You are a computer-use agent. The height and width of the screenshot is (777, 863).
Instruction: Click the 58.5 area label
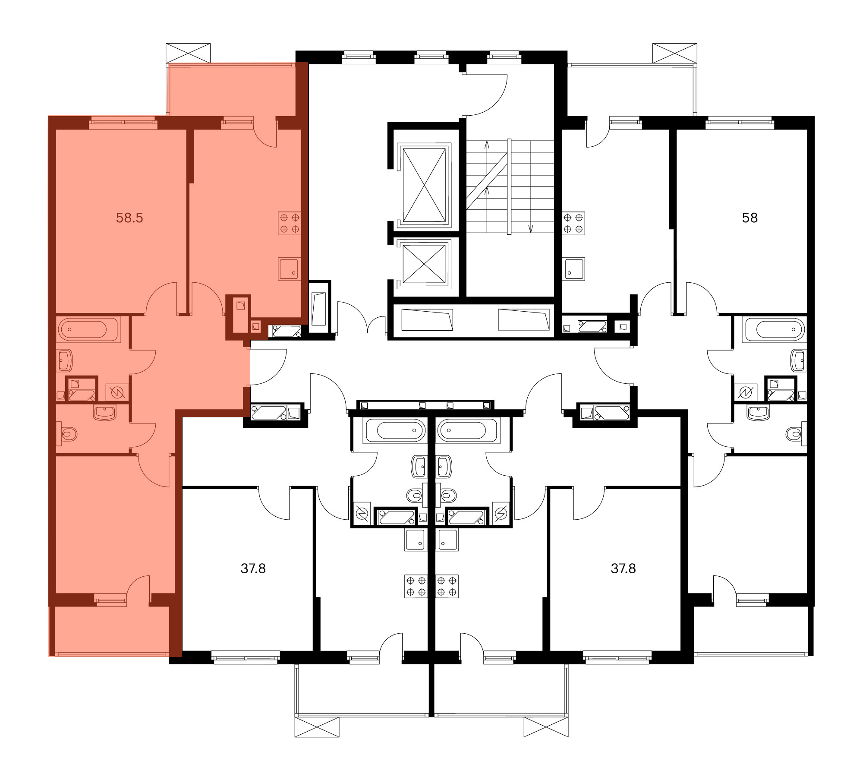[x=129, y=218]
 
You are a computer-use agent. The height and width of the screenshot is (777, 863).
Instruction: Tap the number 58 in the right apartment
[x=750, y=218]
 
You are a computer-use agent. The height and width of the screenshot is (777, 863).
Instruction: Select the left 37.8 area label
[x=253, y=569]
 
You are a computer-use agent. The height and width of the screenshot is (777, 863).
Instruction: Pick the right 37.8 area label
[x=624, y=569]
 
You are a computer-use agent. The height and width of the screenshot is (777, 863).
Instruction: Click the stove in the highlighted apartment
[x=290, y=223]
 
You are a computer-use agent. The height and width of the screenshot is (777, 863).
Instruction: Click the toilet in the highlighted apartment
[x=69, y=433]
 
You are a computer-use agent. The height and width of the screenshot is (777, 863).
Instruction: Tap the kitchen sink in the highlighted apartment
[x=290, y=269]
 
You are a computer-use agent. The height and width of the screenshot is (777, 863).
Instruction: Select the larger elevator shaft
[x=424, y=185]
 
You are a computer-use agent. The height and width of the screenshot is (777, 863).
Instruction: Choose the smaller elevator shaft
[x=424, y=263]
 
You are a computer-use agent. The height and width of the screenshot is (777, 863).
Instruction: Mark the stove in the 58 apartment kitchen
[x=574, y=223]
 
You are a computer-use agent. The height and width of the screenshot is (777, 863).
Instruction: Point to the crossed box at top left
[x=188, y=53]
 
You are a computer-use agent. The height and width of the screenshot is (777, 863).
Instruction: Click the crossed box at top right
[x=675, y=53]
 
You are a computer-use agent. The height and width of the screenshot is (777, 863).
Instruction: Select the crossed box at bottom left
[x=317, y=727]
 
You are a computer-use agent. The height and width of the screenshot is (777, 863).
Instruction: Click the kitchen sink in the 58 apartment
[x=574, y=269]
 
